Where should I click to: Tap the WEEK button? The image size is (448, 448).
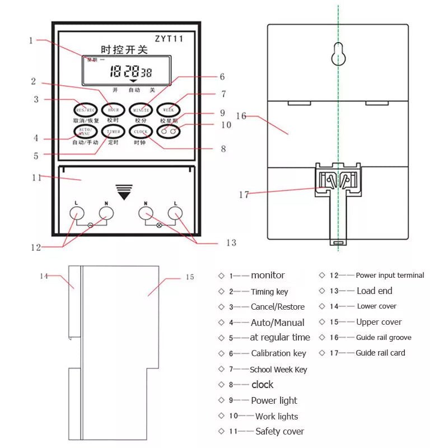coord(167,109)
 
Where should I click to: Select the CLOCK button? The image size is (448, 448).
coord(140,132)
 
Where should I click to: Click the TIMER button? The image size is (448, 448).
coord(113,132)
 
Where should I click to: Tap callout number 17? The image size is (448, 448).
coord(244,195)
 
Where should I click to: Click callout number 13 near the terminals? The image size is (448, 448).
coord(231,242)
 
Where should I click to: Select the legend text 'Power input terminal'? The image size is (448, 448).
coord(390,275)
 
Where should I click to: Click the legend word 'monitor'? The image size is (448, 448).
coord(268,275)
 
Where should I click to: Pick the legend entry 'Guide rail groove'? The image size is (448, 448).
coord(384,337)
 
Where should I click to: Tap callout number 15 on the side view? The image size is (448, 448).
coord(189,277)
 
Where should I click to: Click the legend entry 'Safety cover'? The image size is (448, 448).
coord(279,431)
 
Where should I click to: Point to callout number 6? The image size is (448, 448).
coord(222,76)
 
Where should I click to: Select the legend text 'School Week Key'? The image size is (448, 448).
coord(278,369)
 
